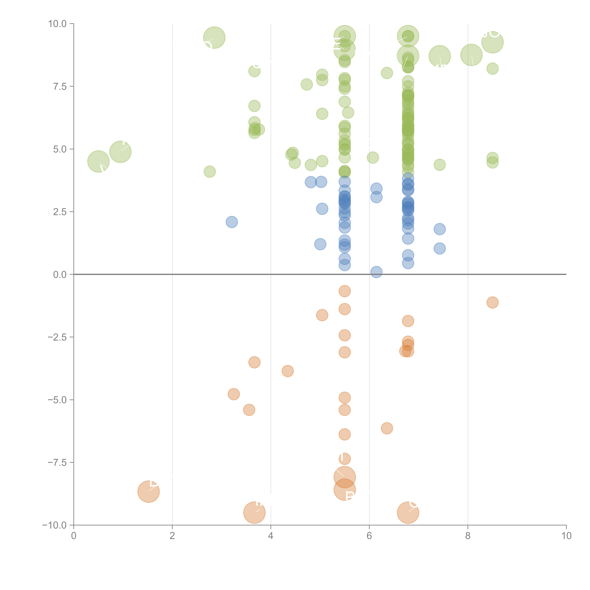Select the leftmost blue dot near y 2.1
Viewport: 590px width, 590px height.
232,222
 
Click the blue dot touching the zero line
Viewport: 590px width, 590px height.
376,272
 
